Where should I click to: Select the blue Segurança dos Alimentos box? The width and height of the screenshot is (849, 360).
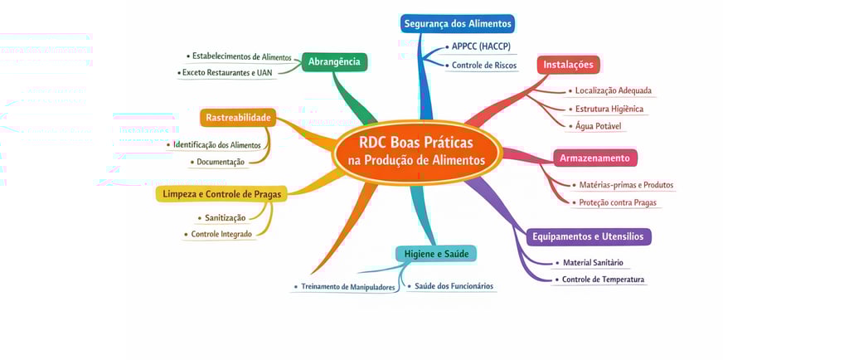click(x=458, y=23)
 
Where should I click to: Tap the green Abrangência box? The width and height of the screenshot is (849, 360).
click(x=334, y=62)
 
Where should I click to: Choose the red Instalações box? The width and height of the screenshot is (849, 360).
click(x=568, y=65)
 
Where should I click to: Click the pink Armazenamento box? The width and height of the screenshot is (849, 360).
click(x=594, y=158)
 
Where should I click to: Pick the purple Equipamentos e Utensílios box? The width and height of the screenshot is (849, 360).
click(x=588, y=236)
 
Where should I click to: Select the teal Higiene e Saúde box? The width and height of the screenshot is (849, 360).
click(x=435, y=253)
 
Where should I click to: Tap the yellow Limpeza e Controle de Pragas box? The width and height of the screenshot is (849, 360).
click(x=221, y=194)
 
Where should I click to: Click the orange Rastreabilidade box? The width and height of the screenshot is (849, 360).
click(x=238, y=118)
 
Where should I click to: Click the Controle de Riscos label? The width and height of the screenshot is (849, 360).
click(x=484, y=66)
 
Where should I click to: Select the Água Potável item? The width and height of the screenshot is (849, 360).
click(x=599, y=126)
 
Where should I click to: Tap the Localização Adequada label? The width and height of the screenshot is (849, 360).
click(x=613, y=90)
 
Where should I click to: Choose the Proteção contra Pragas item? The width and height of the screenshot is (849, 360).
click(x=619, y=202)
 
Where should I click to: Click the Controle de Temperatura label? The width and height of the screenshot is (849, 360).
click(x=603, y=280)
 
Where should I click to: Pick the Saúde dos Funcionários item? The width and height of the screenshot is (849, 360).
click(x=454, y=286)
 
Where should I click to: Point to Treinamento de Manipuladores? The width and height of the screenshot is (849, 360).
click(x=347, y=287)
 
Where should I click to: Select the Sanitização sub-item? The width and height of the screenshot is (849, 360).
click(x=225, y=218)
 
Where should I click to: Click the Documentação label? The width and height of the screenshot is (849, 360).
click(x=221, y=162)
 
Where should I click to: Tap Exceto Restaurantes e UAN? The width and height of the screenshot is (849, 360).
click(x=227, y=73)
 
